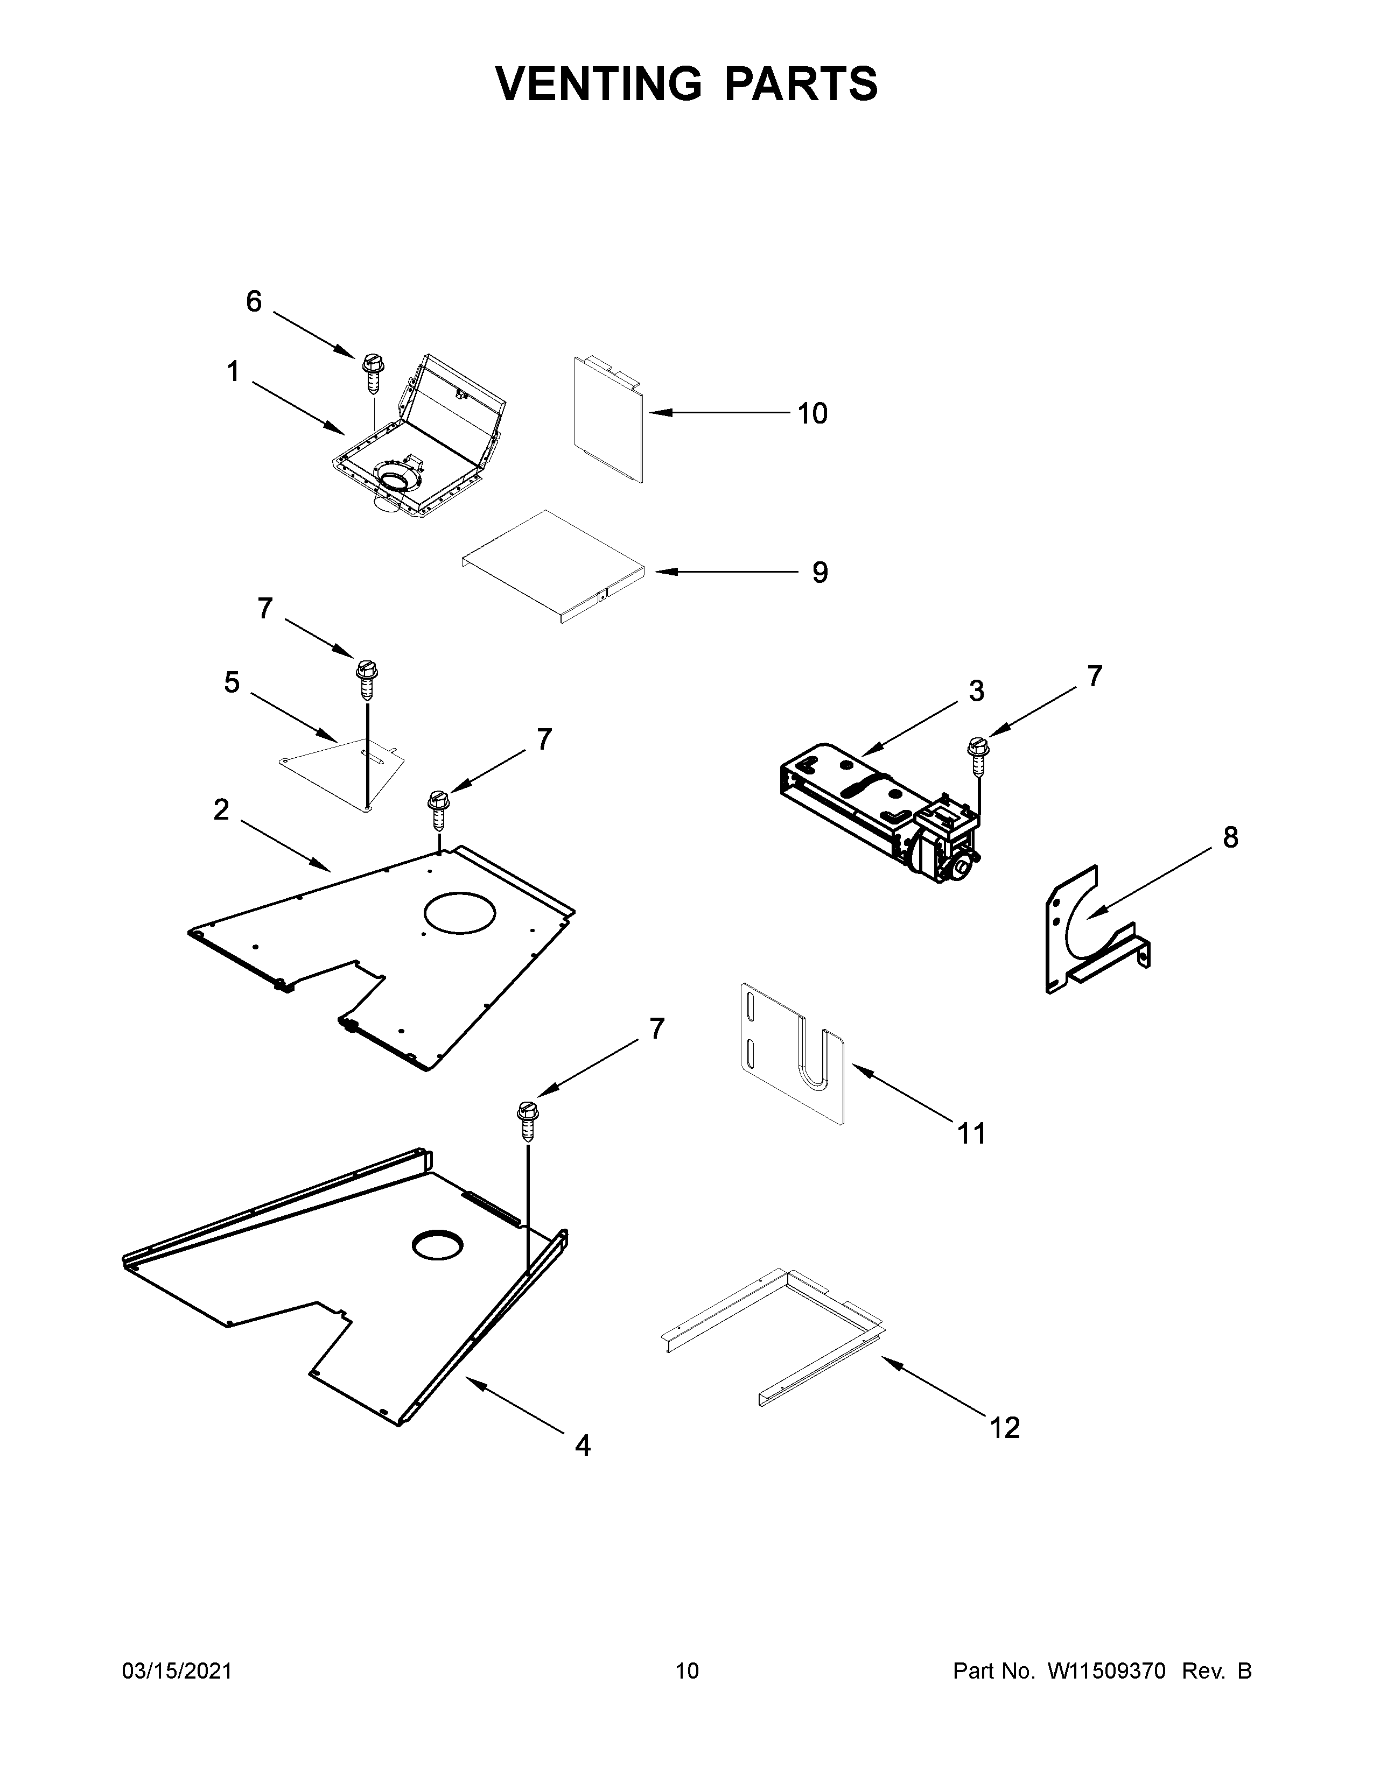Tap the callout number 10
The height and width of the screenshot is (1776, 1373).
click(812, 414)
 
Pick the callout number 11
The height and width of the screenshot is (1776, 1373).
click(972, 1133)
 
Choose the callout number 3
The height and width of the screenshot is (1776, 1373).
click(976, 691)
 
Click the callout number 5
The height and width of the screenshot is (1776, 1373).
click(232, 683)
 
